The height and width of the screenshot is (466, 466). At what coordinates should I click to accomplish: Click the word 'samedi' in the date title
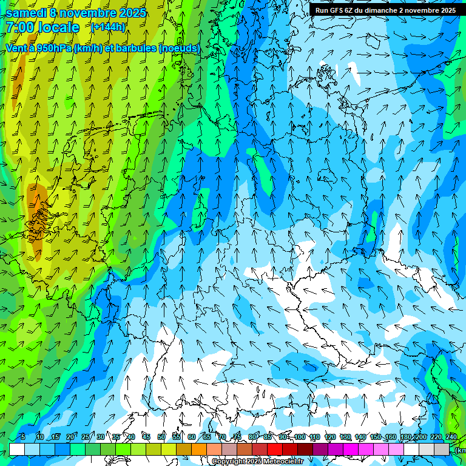(26, 13)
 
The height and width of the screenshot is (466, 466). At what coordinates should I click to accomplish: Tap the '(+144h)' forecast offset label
(109, 27)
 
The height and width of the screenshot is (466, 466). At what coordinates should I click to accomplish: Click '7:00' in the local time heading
(19, 28)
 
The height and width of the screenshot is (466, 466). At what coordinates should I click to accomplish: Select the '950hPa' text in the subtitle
(54, 49)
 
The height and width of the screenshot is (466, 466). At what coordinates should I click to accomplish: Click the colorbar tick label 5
(22, 437)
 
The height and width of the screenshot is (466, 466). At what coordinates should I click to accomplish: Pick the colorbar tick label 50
(161, 437)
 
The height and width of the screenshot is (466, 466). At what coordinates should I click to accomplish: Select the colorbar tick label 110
(314, 437)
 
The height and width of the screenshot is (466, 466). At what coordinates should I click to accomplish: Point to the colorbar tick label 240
(451, 437)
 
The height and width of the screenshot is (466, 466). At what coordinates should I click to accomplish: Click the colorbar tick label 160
(390, 437)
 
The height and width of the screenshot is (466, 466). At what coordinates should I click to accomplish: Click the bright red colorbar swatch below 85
(275, 449)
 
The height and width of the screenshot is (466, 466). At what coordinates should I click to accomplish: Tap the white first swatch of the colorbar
(17, 449)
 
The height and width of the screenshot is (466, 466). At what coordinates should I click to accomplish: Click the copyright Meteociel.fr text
(258, 462)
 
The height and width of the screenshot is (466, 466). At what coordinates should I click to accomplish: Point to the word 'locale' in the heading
(59, 28)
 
